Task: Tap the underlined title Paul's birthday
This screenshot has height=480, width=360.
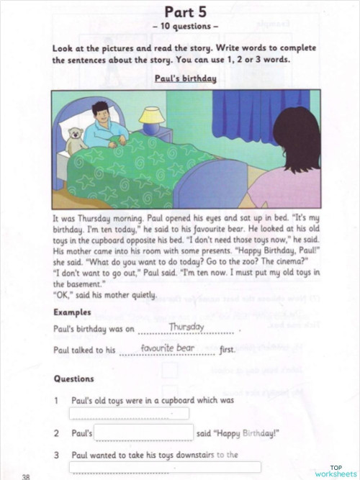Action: click(x=186, y=78)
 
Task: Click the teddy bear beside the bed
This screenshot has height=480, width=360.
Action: click(x=76, y=140)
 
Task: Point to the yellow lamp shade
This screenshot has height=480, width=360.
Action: click(x=151, y=115)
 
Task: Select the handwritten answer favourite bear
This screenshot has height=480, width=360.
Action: click(x=168, y=349)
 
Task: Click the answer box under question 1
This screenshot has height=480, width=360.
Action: click(x=129, y=413)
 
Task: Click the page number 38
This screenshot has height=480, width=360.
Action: click(x=26, y=475)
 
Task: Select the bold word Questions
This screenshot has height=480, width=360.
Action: click(x=73, y=379)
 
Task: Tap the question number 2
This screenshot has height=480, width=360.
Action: click(x=56, y=433)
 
